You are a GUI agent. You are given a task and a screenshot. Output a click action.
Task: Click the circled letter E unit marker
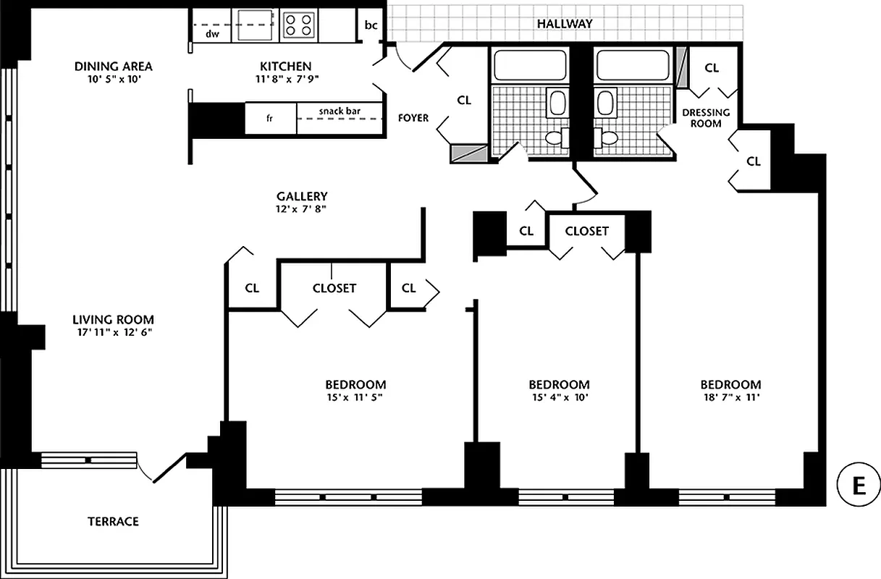858,485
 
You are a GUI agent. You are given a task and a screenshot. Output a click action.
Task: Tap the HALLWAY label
565,24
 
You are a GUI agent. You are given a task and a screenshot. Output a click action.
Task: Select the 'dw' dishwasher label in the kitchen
212,33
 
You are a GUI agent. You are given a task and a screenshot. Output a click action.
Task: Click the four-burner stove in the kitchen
297,25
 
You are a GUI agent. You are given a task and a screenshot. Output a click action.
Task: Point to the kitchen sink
252,25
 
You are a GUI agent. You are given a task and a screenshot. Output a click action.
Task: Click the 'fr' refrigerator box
270,118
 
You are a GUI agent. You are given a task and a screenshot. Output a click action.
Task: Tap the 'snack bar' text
340,111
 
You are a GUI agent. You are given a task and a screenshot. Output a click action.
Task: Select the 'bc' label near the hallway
371,25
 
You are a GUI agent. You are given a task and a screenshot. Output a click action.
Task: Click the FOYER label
413,117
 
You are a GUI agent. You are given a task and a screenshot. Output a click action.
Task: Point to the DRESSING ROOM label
706,118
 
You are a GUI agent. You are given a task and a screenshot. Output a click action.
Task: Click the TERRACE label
113,521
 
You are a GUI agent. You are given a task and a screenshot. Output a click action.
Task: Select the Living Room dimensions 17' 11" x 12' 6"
113,332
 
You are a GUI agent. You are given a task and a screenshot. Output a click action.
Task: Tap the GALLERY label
302,196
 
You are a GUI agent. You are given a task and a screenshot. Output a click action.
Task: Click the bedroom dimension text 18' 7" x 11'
730,397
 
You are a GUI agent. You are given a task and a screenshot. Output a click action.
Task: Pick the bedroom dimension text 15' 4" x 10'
559,397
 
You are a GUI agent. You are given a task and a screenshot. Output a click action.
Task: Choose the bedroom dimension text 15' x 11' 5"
355,397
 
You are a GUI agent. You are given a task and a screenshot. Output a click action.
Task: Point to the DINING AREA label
114,67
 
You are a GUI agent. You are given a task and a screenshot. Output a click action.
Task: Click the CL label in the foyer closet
464,101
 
